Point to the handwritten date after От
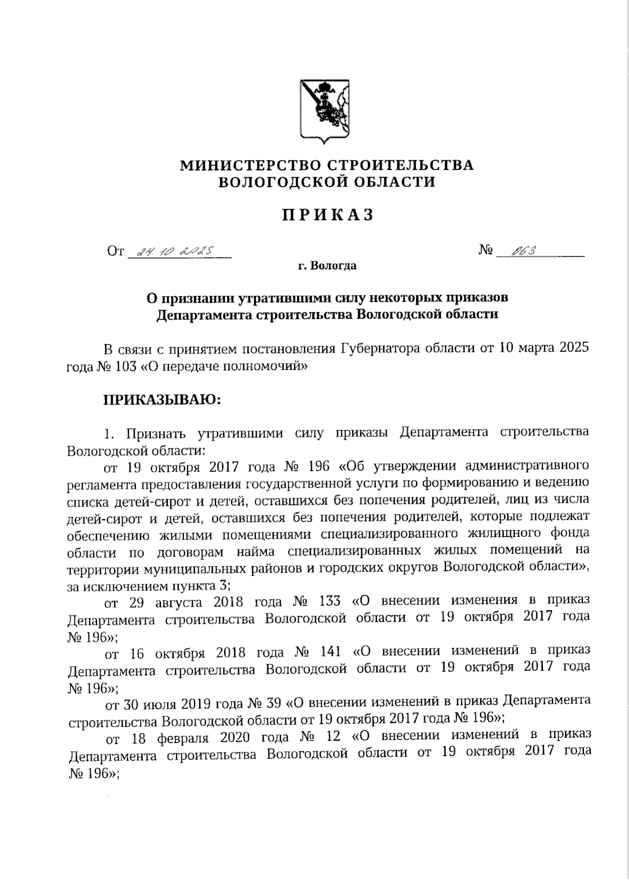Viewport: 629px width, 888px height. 173,253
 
